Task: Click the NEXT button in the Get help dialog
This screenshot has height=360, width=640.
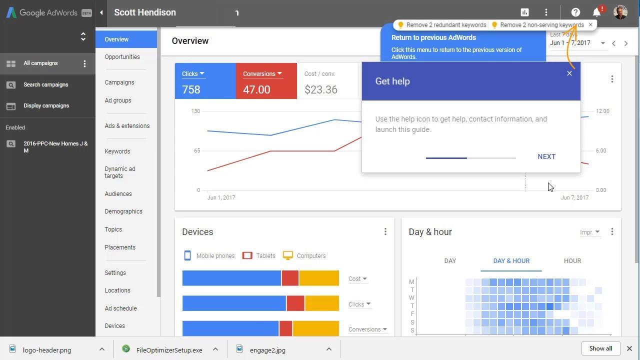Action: pyautogui.click(x=546, y=156)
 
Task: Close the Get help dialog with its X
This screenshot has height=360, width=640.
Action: pyautogui.click(x=569, y=73)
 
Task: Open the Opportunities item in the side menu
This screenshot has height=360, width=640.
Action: pyautogui.click(x=122, y=57)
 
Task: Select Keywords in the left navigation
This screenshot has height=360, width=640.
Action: pyautogui.click(x=117, y=151)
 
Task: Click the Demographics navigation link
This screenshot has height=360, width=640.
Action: pyautogui.click(x=123, y=211)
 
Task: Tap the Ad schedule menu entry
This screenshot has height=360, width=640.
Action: pyautogui.click(x=120, y=308)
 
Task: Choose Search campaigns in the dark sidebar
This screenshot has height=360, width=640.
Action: pyautogui.click(x=45, y=85)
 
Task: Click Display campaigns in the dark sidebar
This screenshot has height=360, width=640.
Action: pyautogui.click(x=46, y=106)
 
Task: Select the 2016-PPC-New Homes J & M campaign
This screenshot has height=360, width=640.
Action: pyautogui.click(x=55, y=147)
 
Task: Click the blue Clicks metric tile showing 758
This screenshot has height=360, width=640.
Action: pyautogui.click(x=205, y=81)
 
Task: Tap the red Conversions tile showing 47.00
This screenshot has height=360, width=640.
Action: pyautogui.click(x=266, y=81)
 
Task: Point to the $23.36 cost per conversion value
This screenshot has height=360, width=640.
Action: pyautogui.click(x=321, y=90)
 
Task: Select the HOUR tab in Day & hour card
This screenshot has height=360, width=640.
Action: pyautogui.click(x=572, y=261)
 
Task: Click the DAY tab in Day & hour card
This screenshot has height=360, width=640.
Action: pyautogui.click(x=450, y=261)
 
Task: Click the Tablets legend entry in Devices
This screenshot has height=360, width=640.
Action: pyautogui.click(x=259, y=256)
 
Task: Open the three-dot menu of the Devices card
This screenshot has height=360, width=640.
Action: pyautogui.click(x=385, y=232)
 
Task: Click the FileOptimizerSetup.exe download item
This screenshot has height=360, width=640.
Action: pyautogui.click(x=169, y=350)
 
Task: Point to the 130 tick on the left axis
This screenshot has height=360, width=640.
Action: pyautogui.click(x=195, y=111)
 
